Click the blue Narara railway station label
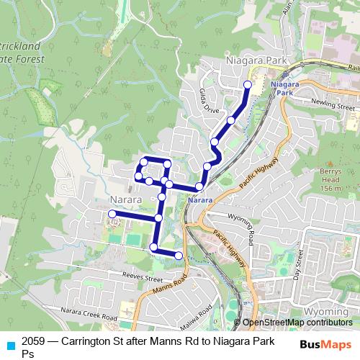[x=203, y=199]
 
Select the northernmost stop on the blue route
[x=248, y=85]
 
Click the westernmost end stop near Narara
[x=112, y=214]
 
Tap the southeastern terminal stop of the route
[x=179, y=256]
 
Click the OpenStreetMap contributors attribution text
[x=297, y=323]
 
